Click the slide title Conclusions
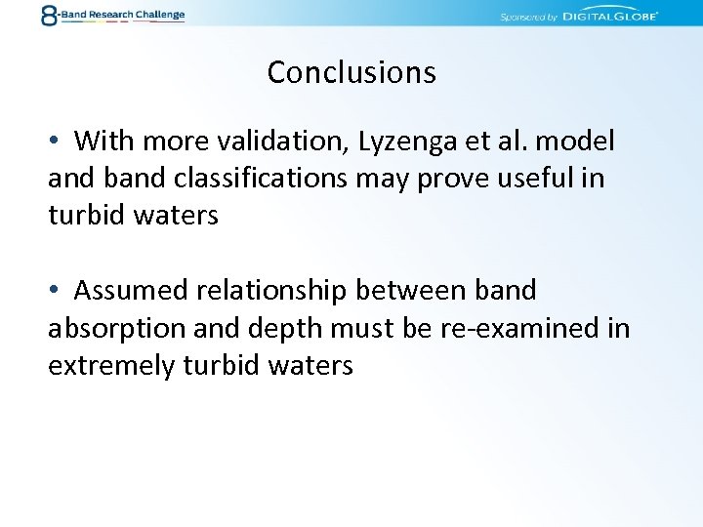pyautogui.click(x=351, y=72)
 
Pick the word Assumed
pyautogui.click(x=134, y=291)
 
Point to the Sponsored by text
pyautogui.click(x=527, y=18)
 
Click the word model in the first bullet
pyautogui.click(x=575, y=142)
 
